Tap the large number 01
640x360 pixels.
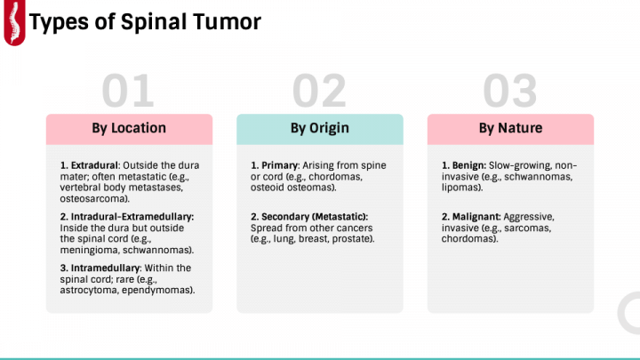click(x=128, y=92)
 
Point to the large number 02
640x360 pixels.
click(x=319, y=92)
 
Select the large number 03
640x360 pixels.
click(x=509, y=92)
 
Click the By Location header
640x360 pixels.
click(x=129, y=128)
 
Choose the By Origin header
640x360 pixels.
click(x=319, y=128)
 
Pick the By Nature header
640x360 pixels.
click(x=510, y=128)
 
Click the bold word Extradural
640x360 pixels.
click(x=93, y=165)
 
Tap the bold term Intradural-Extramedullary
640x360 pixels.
click(x=126, y=217)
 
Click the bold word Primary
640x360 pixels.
click(x=281, y=165)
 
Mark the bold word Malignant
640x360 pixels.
click(x=477, y=217)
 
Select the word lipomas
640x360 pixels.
click(x=462, y=188)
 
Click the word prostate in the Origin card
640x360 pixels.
click(x=354, y=239)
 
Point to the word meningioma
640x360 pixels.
click(x=89, y=250)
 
